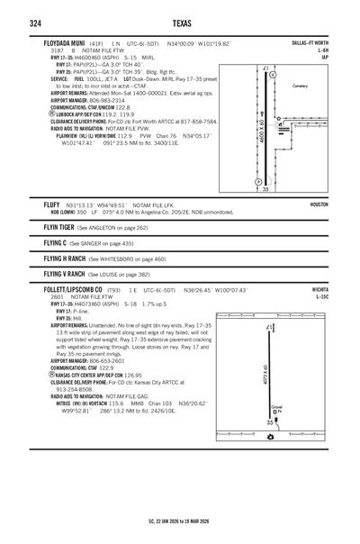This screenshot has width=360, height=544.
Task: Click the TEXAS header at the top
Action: (x=180, y=23)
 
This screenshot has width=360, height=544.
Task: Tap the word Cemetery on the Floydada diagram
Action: (x=306, y=86)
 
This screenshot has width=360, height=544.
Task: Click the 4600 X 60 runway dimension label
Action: (x=262, y=129)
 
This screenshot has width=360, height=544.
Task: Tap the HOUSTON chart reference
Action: (x=319, y=204)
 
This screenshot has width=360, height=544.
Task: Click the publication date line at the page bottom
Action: (x=180, y=520)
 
